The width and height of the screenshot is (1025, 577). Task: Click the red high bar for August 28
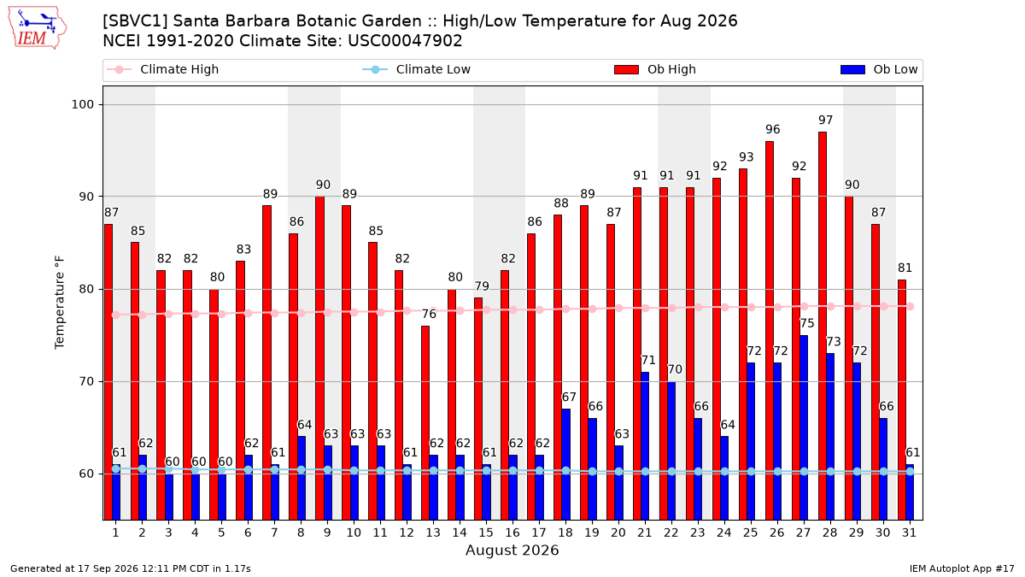(x=823, y=326)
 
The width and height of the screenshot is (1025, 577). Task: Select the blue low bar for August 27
(x=804, y=427)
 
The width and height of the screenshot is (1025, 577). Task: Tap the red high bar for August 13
(x=425, y=422)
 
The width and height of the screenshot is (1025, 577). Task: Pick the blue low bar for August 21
(x=645, y=445)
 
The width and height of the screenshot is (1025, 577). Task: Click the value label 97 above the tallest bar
(x=825, y=120)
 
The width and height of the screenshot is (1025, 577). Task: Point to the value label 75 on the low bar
(x=806, y=323)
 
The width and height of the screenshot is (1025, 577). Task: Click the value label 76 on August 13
(x=429, y=314)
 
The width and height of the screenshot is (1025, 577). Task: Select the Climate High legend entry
(x=162, y=69)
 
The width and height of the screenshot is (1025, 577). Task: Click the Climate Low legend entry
(x=416, y=69)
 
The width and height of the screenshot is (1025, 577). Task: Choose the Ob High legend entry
(x=655, y=69)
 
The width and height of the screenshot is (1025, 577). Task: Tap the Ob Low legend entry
(x=879, y=69)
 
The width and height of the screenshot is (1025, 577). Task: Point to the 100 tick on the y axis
(x=82, y=104)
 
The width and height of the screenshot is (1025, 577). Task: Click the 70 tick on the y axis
(x=86, y=381)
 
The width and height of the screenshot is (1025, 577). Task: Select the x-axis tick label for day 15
(x=486, y=533)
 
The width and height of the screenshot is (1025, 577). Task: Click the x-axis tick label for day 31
(x=909, y=533)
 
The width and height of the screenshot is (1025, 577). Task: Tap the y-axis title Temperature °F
(x=60, y=303)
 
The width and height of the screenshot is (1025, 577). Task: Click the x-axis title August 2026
(x=512, y=550)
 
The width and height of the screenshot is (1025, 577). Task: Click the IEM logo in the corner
(x=37, y=28)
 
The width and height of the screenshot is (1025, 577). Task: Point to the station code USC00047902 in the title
(x=405, y=41)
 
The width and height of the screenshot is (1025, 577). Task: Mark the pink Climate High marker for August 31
(x=911, y=306)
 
